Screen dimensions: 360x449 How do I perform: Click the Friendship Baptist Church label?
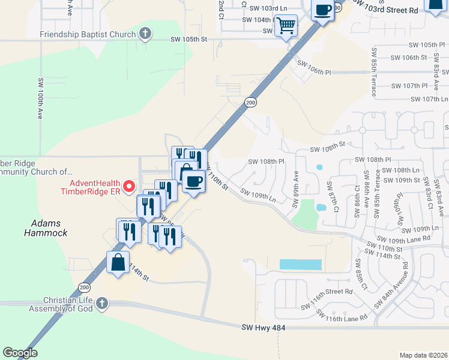88,34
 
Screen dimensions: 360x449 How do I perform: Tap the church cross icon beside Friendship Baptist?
145,34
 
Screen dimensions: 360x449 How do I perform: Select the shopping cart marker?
286,26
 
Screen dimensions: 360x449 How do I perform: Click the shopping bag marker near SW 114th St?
118,262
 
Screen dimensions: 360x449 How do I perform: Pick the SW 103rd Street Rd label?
393,10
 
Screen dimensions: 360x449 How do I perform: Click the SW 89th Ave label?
295,188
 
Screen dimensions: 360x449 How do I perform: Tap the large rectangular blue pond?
300,265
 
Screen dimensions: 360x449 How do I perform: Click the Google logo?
20,353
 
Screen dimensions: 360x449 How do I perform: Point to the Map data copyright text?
423,355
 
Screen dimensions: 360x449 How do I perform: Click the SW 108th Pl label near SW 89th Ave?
266,161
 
